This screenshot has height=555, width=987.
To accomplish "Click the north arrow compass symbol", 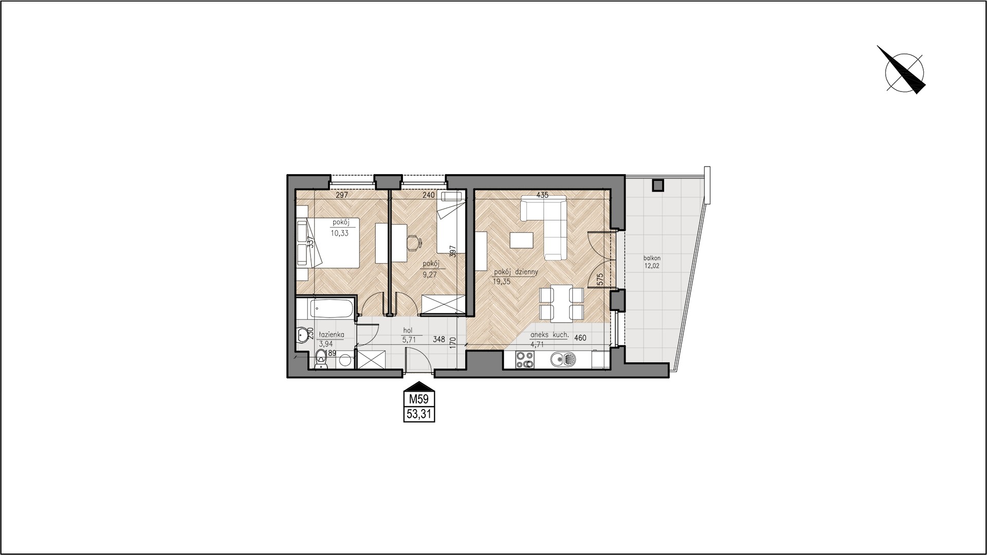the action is click(x=904, y=72).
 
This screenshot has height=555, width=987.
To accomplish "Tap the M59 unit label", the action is click(x=419, y=399).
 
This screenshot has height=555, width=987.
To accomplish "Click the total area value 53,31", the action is click(x=419, y=414).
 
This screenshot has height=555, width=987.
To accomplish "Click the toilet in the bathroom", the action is click(x=321, y=359).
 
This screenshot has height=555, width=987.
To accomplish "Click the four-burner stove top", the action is click(x=525, y=360).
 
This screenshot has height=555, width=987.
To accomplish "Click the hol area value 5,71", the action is click(x=409, y=339).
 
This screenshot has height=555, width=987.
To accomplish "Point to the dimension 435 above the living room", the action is click(x=542, y=195).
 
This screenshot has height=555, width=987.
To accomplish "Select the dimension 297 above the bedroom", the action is click(x=342, y=195).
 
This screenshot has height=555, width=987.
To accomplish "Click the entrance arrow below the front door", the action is click(x=419, y=385).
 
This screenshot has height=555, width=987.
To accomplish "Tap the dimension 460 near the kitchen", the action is click(x=580, y=338).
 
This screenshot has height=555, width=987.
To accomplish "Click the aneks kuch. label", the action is click(x=549, y=335).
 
